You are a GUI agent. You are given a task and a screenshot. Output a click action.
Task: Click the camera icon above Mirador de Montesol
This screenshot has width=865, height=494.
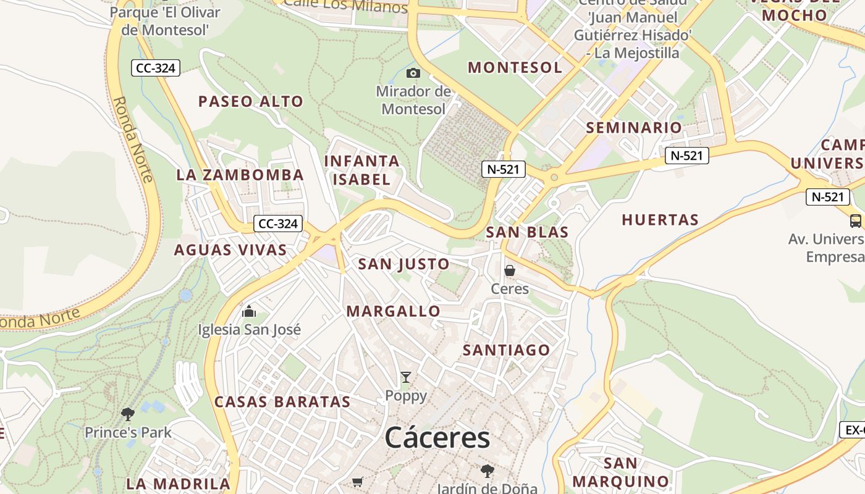(x=413, y=73)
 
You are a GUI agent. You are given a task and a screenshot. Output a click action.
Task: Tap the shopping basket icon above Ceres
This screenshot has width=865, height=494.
(x=510, y=270)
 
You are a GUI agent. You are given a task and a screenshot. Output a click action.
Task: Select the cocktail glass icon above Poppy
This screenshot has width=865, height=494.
(x=405, y=377)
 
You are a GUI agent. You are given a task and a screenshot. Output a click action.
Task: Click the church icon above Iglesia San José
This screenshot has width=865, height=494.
(x=249, y=311)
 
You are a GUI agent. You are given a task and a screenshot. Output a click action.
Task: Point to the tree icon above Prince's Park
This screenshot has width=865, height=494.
(x=128, y=414)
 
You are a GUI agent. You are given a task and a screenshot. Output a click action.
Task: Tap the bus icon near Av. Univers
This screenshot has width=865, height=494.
(x=856, y=220)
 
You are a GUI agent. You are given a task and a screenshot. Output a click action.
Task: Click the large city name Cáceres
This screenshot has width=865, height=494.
(x=437, y=438)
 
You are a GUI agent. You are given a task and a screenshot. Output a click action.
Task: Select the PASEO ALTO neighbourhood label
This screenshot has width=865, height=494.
(x=251, y=102)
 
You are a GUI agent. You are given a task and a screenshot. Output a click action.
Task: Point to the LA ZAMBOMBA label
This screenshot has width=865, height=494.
(x=240, y=175)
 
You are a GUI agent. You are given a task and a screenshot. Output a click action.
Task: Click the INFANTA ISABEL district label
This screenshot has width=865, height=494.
(x=362, y=170)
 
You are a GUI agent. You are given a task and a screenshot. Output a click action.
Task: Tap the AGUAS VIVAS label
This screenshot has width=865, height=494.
(x=230, y=250)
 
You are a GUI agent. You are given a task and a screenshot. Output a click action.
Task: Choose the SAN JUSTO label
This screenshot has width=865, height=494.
(x=404, y=264)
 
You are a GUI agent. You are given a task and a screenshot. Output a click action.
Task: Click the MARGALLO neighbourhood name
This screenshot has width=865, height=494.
(x=394, y=311)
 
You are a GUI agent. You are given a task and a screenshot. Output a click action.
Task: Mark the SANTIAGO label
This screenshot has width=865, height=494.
(x=507, y=350)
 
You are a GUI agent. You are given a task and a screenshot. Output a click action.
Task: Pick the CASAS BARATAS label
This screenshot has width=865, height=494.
(x=282, y=402)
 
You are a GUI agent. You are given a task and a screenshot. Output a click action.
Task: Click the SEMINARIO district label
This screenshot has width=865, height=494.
(x=634, y=128)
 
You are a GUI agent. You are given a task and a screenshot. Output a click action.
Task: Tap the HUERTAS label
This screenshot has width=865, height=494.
(x=660, y=220)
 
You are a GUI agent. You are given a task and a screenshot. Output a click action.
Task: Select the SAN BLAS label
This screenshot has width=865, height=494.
(x=527, y=233)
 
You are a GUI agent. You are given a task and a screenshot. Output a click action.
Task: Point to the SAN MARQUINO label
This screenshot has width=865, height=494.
(x=621, y=472)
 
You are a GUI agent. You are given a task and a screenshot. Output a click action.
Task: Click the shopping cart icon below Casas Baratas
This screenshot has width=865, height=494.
(x=357, y=482)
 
